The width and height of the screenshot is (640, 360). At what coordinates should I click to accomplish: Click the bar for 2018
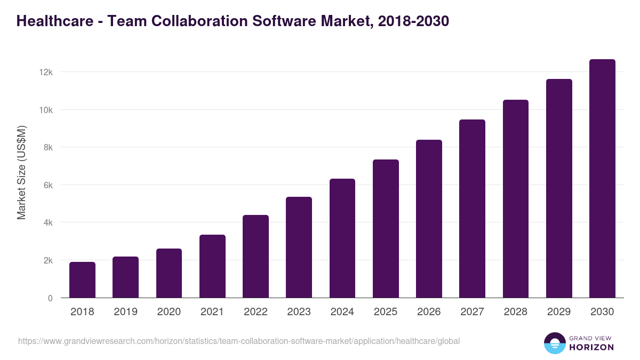tap(82, 280)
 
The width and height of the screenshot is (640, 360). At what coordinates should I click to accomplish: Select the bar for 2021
tap(212, 266)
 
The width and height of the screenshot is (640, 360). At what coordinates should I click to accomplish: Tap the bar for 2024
tap(342, 238)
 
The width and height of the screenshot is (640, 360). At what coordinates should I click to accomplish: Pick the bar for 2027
tap(473, 209)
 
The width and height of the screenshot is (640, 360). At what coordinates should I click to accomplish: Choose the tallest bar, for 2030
tap(602, 179)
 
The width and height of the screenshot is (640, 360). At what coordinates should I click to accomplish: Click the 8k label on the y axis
tap(47, 148)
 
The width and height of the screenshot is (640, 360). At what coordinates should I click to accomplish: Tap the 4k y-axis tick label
tap(47, 223)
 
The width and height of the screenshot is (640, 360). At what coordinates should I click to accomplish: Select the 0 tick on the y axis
tap(50, 299)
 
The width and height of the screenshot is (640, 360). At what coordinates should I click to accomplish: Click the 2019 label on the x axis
tap(125, 312)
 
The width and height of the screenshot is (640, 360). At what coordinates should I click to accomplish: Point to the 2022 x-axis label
tap(255, 312)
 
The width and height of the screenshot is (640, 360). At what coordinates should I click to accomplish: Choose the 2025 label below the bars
tap(386, 312)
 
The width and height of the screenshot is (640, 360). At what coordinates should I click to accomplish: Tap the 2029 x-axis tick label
tap(559, 312)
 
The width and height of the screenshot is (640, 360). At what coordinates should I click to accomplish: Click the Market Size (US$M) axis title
tap(21, 173)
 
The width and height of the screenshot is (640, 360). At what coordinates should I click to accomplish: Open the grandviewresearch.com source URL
tap(238, 341)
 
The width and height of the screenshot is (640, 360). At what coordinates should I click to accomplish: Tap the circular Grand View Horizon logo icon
tap(554, 343)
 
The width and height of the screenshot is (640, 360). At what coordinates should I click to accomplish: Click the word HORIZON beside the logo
tap(591, 348)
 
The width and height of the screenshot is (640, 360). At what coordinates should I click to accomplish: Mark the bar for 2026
tap(429, 219)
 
